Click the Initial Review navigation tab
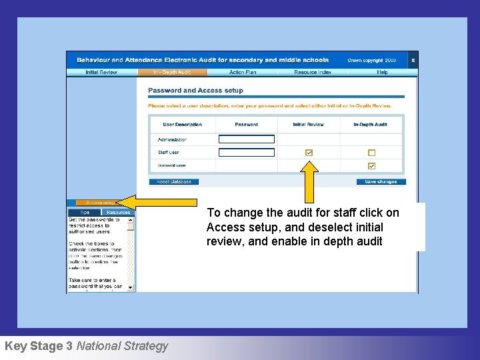(x=101, y=72)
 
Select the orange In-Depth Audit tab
(x=171, y=72)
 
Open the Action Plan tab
(x=242, y=72)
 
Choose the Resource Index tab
(x=313, y=72)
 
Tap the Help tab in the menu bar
(x=382, y=72)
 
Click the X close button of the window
(x=413, y=60)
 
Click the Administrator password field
(x=247, y=139)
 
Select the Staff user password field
(x=247, y=153)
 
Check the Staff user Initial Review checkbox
(x=309, y=153)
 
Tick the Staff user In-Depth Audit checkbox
(x=372, y=153)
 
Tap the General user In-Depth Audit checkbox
(x=372, y=166)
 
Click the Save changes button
(x=381, y=181)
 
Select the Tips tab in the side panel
(x=85, y=213)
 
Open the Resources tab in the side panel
(x=118, y=213)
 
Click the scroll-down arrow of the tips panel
(x=131, y=287)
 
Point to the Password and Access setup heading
(x=195, y=91)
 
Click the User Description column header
(x=182, y=124)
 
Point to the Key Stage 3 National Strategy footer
(x=86, y=346)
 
